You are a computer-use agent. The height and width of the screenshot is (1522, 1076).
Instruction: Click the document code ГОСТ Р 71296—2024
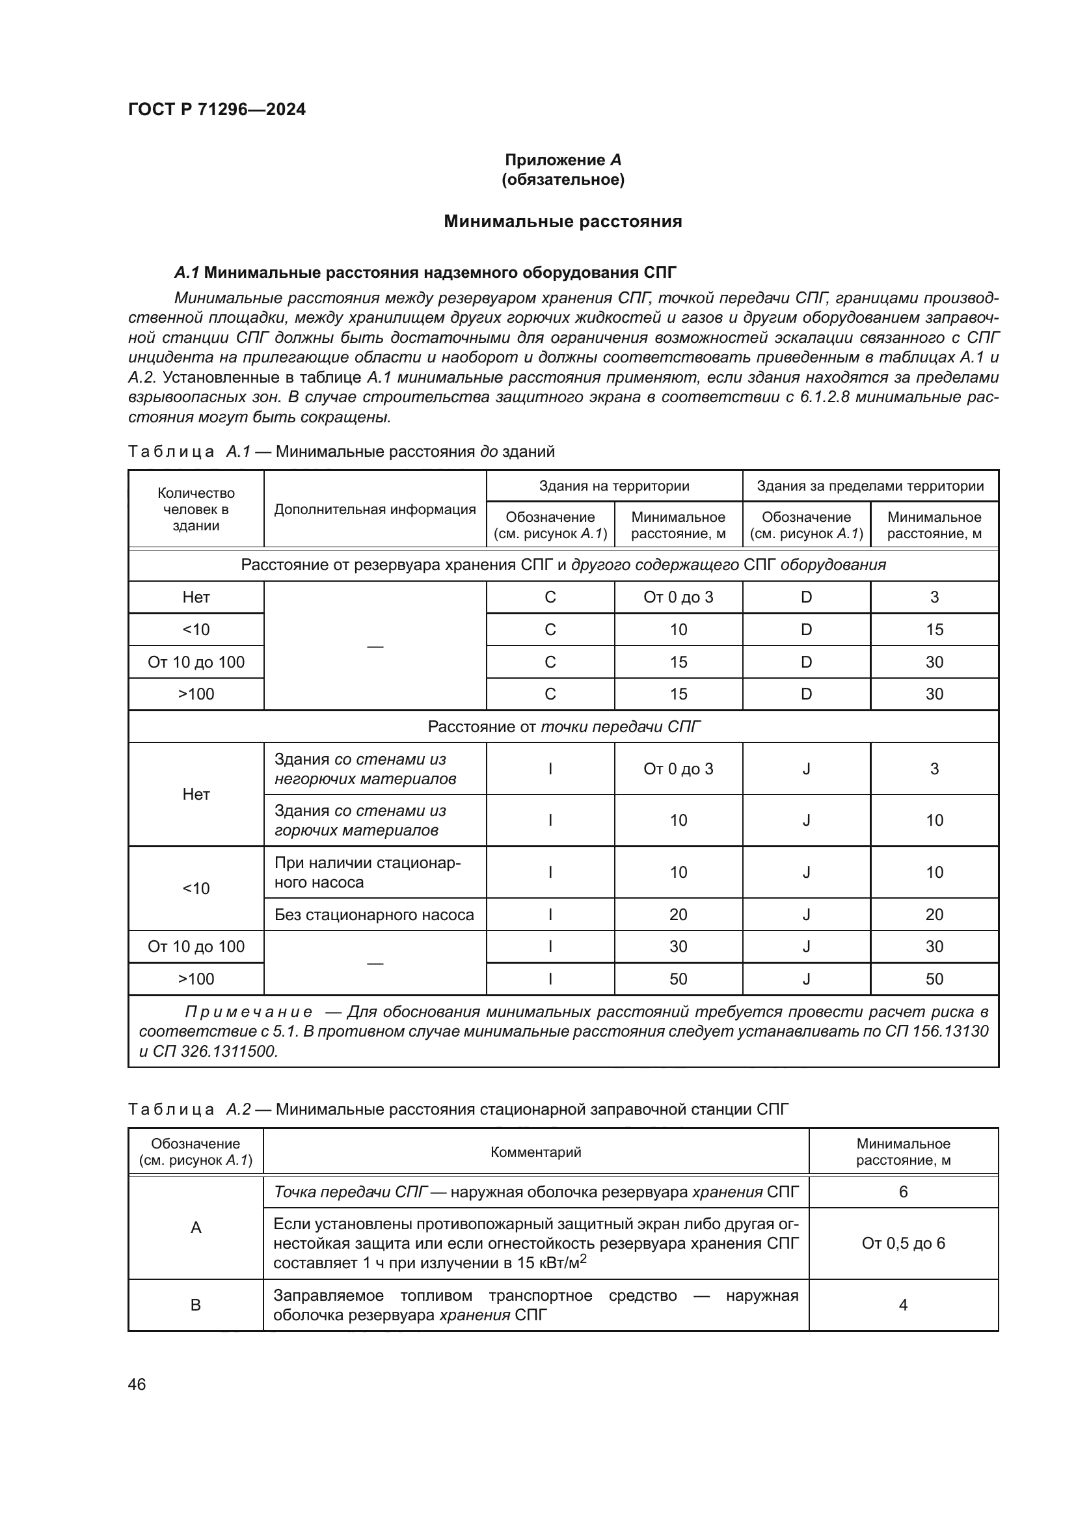coord(217,109)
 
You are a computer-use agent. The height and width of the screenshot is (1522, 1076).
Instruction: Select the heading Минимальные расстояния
coord(563,221)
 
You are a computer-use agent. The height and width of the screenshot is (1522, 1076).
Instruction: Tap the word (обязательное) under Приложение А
coord(563,180)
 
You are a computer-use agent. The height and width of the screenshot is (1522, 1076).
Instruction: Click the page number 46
coord(137,1384)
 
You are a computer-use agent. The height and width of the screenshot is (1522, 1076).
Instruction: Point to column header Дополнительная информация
coord(375,509)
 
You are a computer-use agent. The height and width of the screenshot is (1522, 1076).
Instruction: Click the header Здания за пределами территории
coord(870,486)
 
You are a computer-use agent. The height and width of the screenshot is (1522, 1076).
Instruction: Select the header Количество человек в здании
coord(196,509)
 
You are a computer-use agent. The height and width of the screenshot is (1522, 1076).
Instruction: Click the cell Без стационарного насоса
coord(374,915)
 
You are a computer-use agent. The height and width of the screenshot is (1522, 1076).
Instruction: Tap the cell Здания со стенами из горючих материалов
coord(360,820)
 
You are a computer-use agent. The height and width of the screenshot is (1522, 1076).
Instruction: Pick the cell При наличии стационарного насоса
coord(367,873)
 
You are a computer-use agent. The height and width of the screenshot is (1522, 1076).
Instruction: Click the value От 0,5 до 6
coord(903,1243)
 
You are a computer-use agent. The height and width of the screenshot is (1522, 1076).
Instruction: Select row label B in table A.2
coord(196,1305)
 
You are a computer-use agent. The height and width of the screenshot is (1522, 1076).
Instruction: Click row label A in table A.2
coord(196,1227)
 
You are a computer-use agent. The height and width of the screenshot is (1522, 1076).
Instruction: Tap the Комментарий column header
coord(536,1152)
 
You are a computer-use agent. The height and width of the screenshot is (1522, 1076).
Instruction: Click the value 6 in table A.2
coord(903,1192)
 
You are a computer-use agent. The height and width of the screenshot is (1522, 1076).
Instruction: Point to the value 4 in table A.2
coord(903,1305)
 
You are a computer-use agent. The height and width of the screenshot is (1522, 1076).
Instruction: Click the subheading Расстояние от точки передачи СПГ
coord(564,727)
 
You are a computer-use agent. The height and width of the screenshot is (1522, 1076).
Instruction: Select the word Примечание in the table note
coord(249,1012)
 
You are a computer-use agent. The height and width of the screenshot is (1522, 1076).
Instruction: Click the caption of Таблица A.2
coord(458,1109)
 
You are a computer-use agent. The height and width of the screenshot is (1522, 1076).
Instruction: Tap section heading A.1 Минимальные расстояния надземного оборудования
coord(425,273)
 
